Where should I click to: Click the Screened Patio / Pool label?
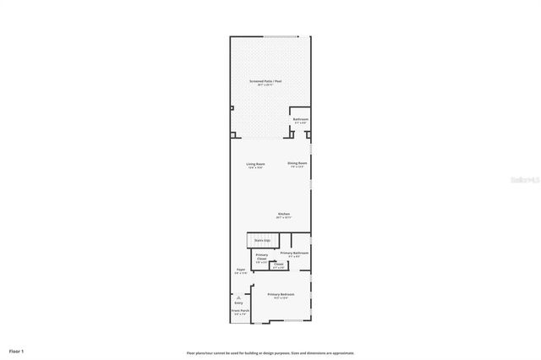click(265, 82)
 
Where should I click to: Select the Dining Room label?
click(297, 163)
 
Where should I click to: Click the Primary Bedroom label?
click(281, 295)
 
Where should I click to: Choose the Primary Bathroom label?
click(294, 254)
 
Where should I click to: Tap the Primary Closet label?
click(262, 257)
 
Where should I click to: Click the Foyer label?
click(241, 270)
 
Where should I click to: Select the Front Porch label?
click(240, 312)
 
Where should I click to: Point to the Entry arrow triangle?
click(239, 297)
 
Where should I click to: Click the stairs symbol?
click(262, 240)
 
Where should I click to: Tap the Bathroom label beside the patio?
click(300, 120)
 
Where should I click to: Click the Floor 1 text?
click(17, 350)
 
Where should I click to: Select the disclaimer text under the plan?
click(270, 352)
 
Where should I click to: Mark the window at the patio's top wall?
click(281, 36)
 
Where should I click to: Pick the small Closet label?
click(278, 265)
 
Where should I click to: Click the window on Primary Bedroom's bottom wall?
click(293, 322)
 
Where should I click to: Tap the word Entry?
click(239, 303)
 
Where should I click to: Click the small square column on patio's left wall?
click(232, 107)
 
